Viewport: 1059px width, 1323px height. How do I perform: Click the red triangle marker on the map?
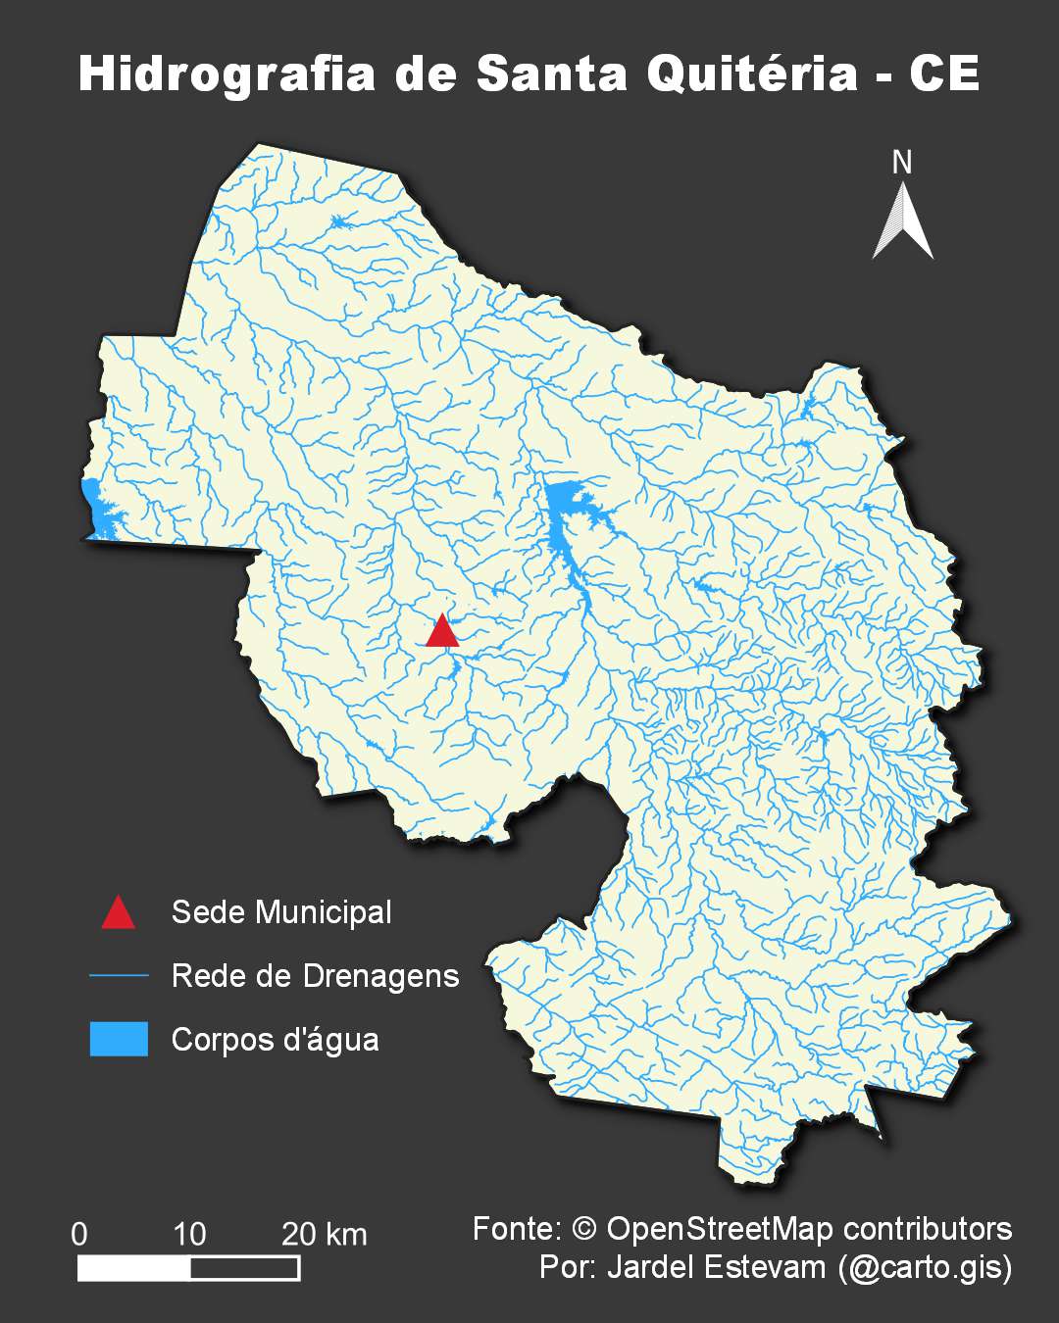pyautogui.click(x=442, y=633)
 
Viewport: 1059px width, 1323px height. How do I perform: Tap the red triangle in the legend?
pyautogui.click(x=119, y=913)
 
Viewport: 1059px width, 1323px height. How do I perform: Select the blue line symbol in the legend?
pyautogui.click(x=119, y=976)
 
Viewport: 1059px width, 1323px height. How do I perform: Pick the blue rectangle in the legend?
pyautogui.click(x=119, y=1039)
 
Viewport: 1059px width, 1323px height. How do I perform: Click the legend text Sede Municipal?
pyautogui.click(x=281, y=912)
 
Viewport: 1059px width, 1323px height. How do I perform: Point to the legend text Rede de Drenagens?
pyautogui.click(x=315, y=976)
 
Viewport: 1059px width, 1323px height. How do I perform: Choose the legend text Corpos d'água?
pyautogui.click(x=275, y=1039)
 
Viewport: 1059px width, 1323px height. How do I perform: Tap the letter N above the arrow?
pyautogui.click(x=902, y=163)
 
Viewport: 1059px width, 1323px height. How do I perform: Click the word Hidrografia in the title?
pyautogui.click(x=227, y=74)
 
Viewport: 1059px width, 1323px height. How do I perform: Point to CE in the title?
pyautogui.click(x=944, y=74)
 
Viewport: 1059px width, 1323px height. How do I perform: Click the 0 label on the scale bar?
pyautogui.click(x=79, y=1234)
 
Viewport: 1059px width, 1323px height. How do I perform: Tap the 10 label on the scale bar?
pyautogui.click(x=189, y=1234)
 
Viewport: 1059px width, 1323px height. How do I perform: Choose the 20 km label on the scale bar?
pyautogui.click(x=325, y=1234)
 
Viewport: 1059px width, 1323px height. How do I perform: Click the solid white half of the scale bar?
pyautogui.click(x=134, y=1269)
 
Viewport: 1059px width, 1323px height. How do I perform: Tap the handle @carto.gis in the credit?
pyautogui.click(x=926, y=1267)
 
